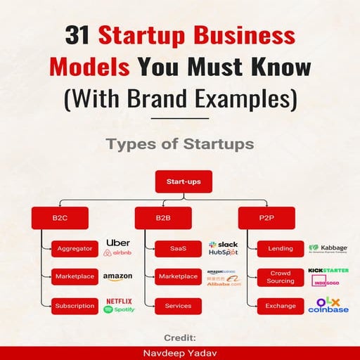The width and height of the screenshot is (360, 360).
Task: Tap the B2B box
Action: point(162,219)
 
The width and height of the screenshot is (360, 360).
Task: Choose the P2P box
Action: point(266,219)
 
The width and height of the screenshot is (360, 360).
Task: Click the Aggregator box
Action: point(75,247)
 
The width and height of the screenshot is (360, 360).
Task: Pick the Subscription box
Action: point(75,306)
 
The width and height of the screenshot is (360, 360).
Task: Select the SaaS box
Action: point(178,247)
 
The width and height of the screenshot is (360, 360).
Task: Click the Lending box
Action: point(281,247)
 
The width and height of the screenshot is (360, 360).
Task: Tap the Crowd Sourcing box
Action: point(281,276)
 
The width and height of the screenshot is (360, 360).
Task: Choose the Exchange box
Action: point(281,306)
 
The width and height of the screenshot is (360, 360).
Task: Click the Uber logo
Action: point(117,243)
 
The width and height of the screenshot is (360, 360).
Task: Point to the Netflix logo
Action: point(119,301)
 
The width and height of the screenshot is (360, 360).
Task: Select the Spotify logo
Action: point(119,309)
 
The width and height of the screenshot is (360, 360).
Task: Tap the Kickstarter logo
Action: point(328,270)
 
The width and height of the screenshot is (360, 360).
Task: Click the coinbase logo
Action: point(328,309)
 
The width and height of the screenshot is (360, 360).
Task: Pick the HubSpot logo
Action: point(223,252)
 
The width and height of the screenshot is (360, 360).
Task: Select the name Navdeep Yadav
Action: point(179,353)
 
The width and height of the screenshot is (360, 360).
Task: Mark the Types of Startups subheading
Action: point(180,143)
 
